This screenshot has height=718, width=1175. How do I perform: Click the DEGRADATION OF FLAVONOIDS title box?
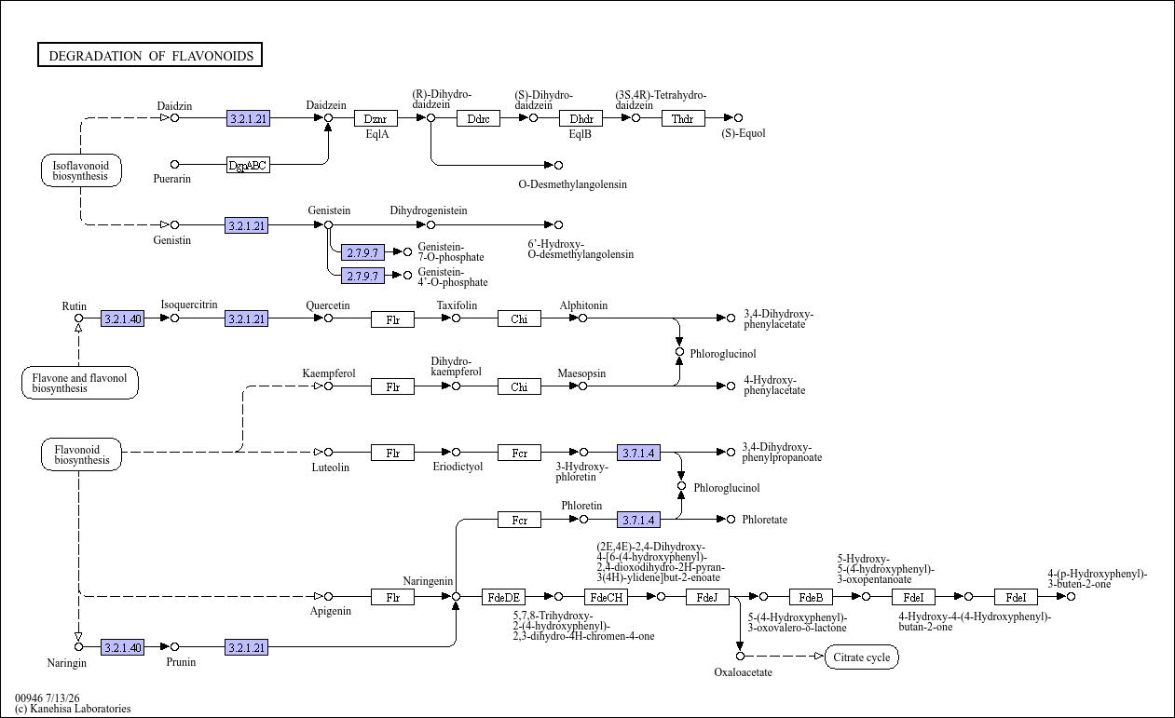(x=150, y=55)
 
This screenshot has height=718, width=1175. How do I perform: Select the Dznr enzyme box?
(x=376, y=118)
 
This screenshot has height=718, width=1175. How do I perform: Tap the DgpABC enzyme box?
(x=248, y=165)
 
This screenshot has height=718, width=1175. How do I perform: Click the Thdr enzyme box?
(x=683, y=118)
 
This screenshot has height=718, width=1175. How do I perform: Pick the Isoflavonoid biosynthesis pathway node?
(x=81, y=170)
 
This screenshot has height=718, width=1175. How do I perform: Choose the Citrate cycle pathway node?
(x=861, y=657)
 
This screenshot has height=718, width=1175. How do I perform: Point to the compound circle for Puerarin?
(x=174, y=165)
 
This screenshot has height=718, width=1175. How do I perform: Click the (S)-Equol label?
(x=743, y=133)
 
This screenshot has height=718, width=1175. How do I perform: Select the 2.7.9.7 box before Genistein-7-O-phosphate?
(x=362, y=252)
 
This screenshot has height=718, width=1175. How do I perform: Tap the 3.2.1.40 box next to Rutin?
(x=122, y=318)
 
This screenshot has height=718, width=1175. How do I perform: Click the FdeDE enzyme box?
(x=503, y=597)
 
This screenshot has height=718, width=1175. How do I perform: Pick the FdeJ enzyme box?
(x=707, y=597)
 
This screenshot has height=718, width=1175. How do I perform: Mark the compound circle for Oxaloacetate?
(x=740, y=657)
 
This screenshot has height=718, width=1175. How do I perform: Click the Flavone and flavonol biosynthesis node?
(x=80, y=383)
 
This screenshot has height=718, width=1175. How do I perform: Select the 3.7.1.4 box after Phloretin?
(x=638, y=520)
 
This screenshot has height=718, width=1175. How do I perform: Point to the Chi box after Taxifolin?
(x=519, y=318)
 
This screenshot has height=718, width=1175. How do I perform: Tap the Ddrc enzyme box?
(x=478, y=118)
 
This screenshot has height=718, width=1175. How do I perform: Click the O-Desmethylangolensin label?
(x=572, y=184)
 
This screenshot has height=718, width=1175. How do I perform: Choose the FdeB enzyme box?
(x=811, y=597)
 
